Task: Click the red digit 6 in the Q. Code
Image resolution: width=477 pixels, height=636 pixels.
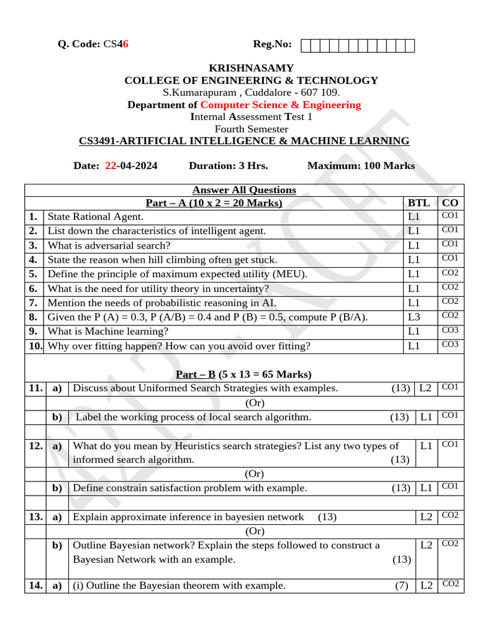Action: (x=125, y=44)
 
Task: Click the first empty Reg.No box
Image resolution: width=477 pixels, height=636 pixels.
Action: (x=306, y=45)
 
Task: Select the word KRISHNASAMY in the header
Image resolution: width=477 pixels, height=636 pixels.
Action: (x=251, y=68)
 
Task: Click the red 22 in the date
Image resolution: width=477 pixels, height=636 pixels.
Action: (x=111, y=166)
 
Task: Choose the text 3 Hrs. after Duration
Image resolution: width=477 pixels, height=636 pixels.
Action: (x=253, y=166)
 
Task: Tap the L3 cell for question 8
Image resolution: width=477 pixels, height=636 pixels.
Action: (x=414, y=317)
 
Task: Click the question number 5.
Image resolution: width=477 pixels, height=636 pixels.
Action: (x=33, y=274)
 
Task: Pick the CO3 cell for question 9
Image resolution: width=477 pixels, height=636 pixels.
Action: (x=450, y=330)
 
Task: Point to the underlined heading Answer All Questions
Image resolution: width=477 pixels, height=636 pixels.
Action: (x=244, y=190)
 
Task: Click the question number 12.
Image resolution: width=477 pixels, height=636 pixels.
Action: (x=35, y=446)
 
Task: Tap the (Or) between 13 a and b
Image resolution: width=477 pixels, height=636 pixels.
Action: (x=255, y=531)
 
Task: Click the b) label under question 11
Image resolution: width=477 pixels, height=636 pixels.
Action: (x=57, y=417)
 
